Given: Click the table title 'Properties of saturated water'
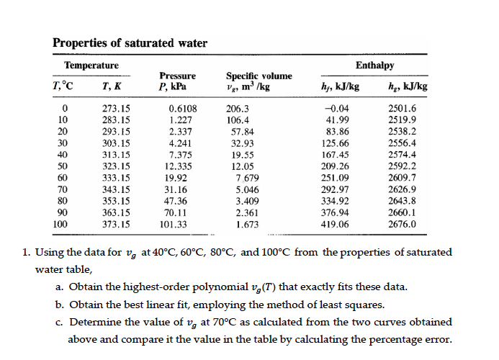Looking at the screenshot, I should [130, 42].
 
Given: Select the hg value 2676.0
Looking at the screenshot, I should [402, 225].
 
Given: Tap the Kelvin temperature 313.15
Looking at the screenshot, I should [114, 155].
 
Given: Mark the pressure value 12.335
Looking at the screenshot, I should [176, 166].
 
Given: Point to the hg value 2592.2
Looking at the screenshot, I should [402, 166].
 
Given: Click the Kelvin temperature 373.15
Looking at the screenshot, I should [114, 225].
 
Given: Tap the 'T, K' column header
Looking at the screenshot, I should [113, 87].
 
